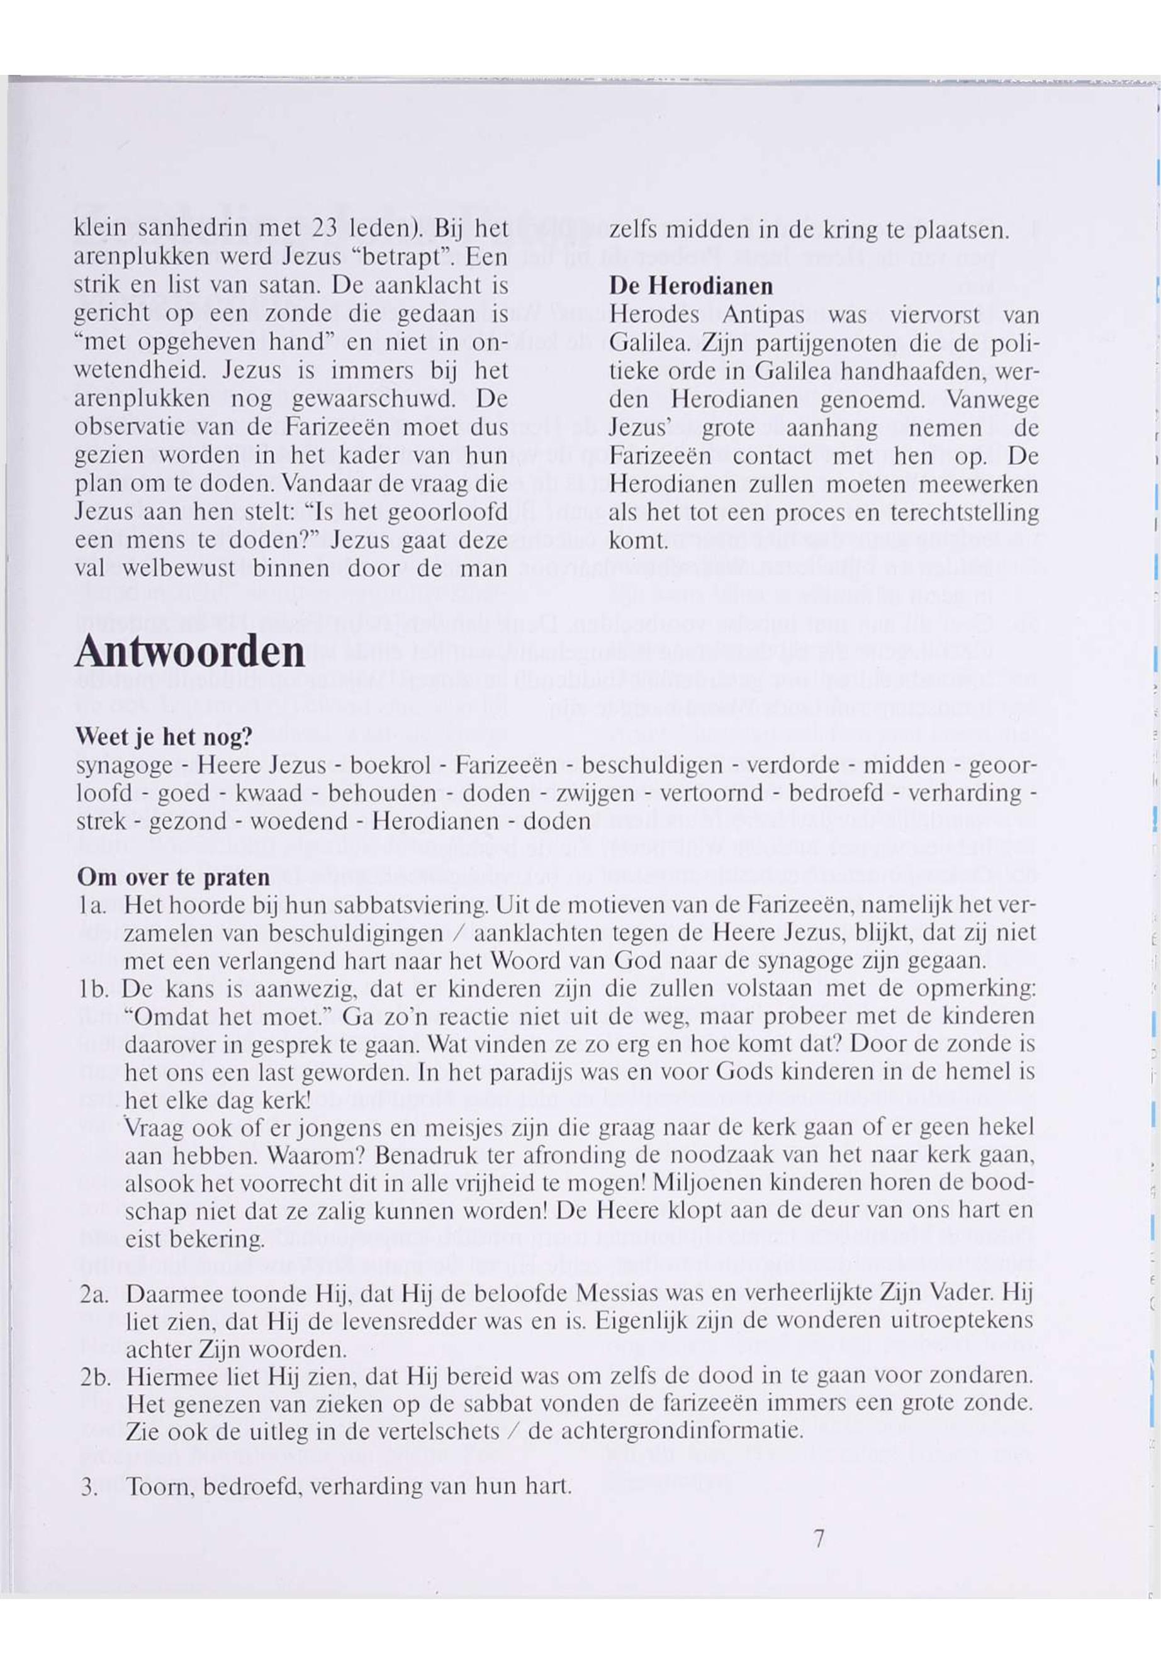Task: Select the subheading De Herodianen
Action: coord(690,286)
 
